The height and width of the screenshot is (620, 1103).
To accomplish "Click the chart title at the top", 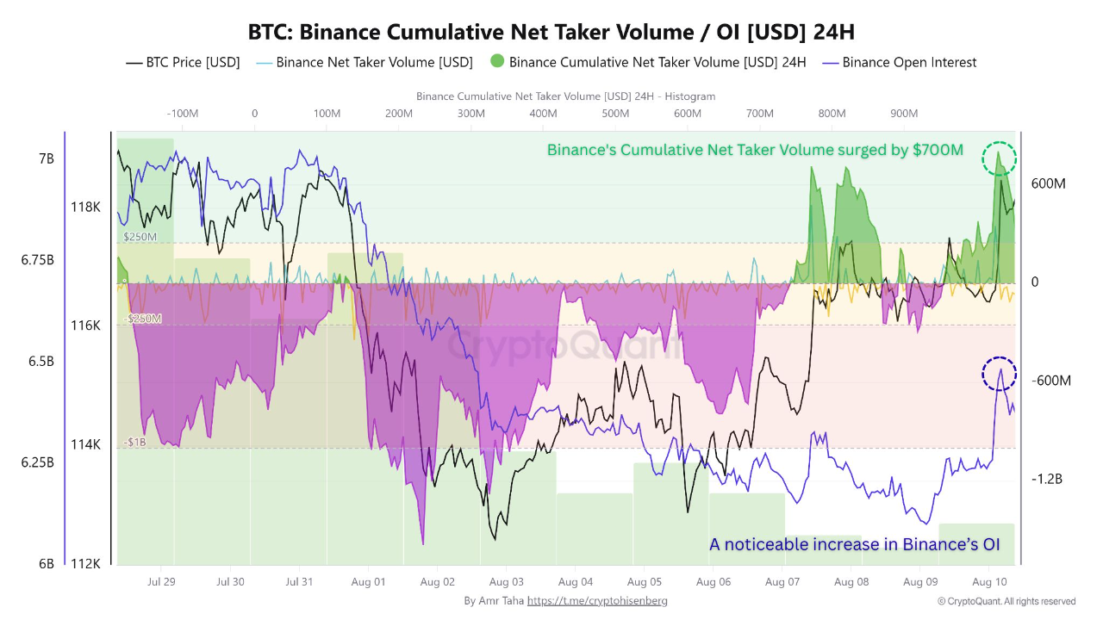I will (551, 32).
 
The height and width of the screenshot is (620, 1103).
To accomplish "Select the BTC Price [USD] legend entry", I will (183, 62).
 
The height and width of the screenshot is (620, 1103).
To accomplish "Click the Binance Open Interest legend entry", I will (900, 62).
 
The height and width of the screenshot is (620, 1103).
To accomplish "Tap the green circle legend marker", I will (496, 62).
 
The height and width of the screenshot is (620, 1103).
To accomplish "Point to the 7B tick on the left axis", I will (47, 159).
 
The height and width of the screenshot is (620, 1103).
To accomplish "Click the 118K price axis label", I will (85, 207).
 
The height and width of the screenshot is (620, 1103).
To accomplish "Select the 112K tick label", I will (85, 564).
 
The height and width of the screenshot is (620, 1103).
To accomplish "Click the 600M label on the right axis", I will (1049, 183).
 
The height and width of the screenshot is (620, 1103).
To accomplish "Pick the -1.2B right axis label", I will (1046, 479).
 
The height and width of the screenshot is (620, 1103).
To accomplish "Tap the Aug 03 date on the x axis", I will (506, 582).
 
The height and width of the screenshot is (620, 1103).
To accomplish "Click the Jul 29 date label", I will (161, 582).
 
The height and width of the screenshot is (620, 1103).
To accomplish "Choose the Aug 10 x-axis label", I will (989, 582).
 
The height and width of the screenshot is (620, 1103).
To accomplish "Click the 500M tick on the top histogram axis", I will (615, 114).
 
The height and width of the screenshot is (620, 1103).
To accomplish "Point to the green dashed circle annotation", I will (1000, 158).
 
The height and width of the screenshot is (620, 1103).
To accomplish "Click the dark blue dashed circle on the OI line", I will (1000, 375).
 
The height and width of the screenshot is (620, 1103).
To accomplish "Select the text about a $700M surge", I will (755, 150).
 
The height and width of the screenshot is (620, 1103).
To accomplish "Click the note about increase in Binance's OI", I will (854, 544).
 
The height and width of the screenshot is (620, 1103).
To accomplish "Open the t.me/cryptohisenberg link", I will (597, 600).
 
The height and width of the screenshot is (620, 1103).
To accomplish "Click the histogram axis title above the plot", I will (565, 96).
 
